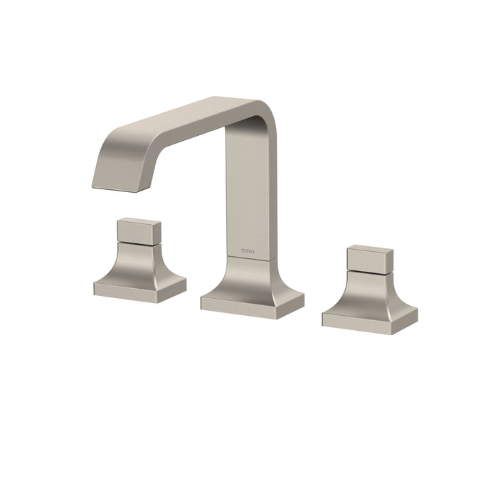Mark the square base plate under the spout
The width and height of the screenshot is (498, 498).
click(252, 302)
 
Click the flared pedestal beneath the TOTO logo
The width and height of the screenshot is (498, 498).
click(250, 277)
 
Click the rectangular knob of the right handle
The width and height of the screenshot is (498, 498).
click(369, 258)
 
